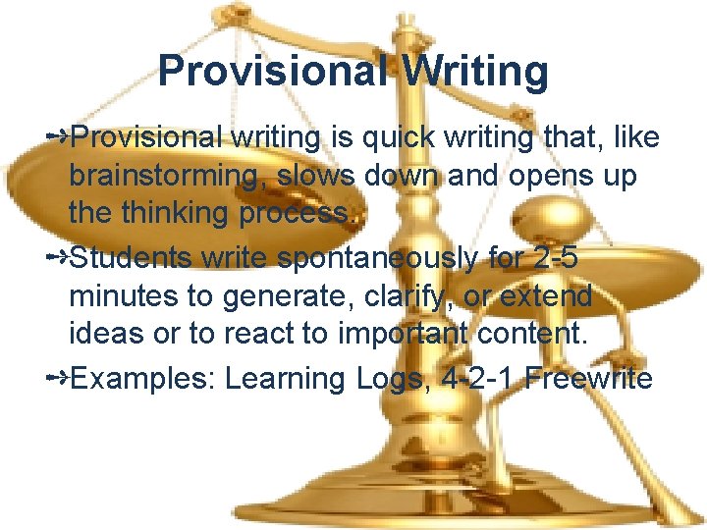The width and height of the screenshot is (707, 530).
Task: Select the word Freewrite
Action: coord(588,379)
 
